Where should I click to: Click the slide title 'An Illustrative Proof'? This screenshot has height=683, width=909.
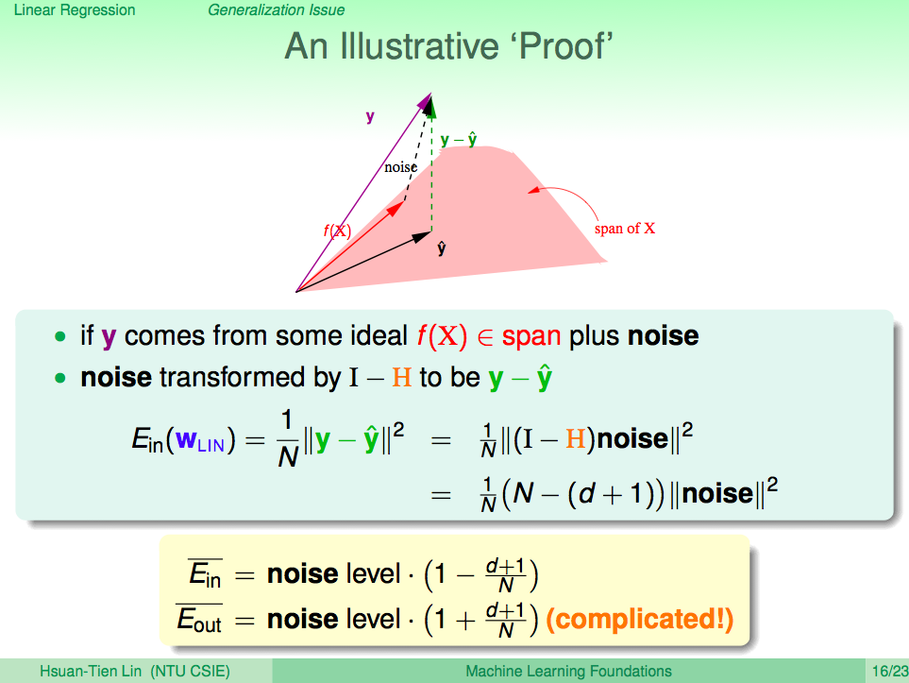(x=448, y=46)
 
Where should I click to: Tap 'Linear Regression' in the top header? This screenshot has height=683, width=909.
(x=75, y=10)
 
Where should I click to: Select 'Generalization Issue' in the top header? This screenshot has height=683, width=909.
(x=276, y=10)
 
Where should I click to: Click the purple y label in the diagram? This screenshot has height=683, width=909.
(x=370, y=117)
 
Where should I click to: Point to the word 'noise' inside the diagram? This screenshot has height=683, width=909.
(x=400, y=167)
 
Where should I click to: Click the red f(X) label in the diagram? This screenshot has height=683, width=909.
(x=337, y=231)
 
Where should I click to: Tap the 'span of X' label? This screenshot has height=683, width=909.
(x=624, y=229)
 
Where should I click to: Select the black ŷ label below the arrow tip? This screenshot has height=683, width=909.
(x=442, y=248)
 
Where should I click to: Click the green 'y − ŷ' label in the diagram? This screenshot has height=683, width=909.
(x=459, y=140)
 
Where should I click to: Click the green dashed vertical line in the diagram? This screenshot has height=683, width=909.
(x=431, y=168)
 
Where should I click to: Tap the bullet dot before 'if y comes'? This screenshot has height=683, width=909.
(x=59, y=336)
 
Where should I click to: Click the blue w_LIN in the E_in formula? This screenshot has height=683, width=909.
(x=200, y=440)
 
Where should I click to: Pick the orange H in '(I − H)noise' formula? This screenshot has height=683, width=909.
(x=576, y=438)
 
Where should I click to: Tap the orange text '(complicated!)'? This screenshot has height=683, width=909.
(x=640, y=619)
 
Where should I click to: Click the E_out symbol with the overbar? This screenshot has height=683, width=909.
(x=199, y=619)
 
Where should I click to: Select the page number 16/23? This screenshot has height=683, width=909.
(x=890, y=672)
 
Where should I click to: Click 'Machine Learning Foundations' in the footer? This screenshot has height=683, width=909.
(x=568, y=672)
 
